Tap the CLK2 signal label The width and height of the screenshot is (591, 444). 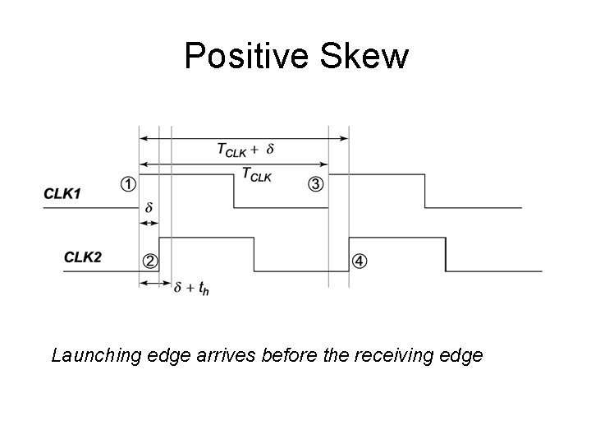[84, 257]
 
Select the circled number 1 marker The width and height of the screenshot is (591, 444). [128, 184]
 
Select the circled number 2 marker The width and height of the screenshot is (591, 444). [150, 261]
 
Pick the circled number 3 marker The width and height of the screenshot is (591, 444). [315, 184]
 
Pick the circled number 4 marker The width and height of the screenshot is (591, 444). [360, 261]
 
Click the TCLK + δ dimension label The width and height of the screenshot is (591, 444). [245, 150]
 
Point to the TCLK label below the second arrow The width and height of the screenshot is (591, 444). [256, 174]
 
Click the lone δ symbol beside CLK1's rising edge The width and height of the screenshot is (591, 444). [149, 208]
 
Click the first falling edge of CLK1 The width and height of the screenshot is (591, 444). [234, 191]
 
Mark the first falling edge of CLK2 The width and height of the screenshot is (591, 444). [254, 254]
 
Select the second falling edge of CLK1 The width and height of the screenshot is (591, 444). [424, 191]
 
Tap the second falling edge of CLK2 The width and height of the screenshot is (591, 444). [446, 254]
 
